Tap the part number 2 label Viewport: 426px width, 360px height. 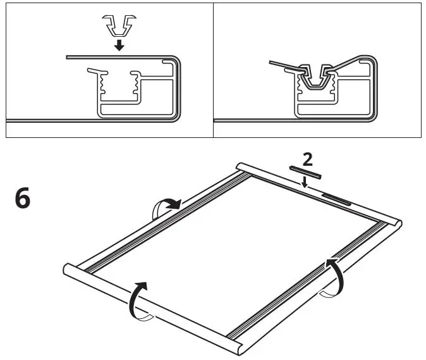click(x=305, y=157)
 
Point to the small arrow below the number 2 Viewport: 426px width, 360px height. click(x=305, y=182)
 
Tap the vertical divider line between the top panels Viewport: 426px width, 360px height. click(x=213, y=70)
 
